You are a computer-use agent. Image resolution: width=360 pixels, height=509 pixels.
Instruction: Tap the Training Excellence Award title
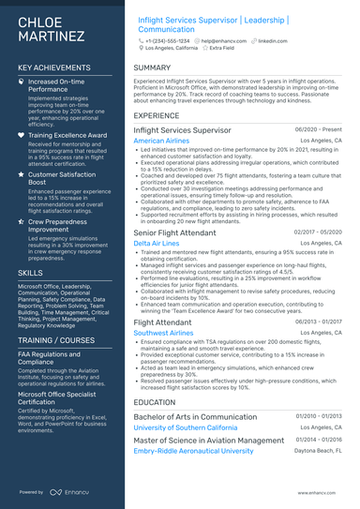pyautogui.click(x=67, y=135)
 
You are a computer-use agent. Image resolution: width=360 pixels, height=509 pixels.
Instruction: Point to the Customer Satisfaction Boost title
pyautogui.click(x=62, y=179)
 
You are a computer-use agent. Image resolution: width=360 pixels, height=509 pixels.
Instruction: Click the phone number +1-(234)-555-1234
pyautogui.click(x=168, y=42)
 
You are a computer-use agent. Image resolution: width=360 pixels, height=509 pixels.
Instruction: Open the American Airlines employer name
pyautogui.click(x=162, y=141)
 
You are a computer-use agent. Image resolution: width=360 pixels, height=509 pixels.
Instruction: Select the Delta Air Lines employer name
pyautogui.click(x=156, y=243)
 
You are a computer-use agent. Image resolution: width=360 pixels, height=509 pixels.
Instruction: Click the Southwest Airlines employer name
pyautogui.click(x=163, y=333)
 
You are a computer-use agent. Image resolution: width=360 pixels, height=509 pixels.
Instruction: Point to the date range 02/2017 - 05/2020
pyautogui.click(x=318, y=232)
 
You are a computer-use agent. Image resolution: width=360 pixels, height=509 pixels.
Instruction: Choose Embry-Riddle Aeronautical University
pyautogui.click(x=193, y=451)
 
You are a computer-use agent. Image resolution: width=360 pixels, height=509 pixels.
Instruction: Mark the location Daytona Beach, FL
pyautogui.click(x=320, y=451)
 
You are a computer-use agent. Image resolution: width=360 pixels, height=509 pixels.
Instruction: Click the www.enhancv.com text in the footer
pyautogui.click(x=321, y=491)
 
